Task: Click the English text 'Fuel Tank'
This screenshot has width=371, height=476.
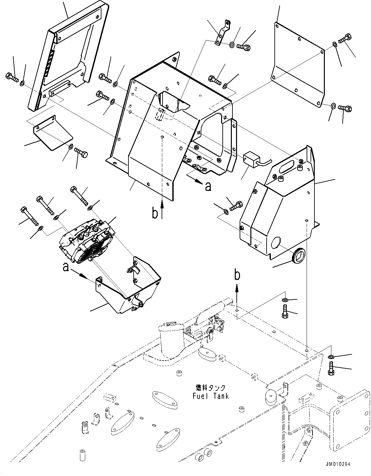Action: tap(211, 396)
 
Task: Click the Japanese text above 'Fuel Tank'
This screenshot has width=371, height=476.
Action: tap(211, 388)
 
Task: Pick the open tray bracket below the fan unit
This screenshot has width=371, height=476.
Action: tap(130, 289)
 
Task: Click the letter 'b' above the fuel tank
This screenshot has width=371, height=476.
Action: tap(237, 275)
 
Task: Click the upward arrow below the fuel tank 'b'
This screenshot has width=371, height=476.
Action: tap(237, 291)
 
